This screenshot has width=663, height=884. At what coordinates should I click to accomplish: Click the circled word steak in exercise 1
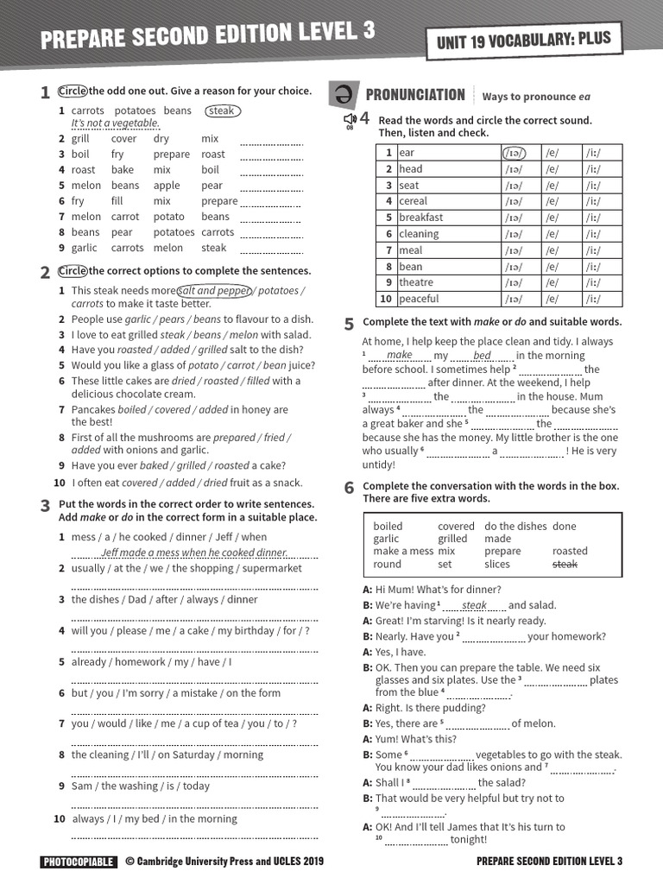point(223,110)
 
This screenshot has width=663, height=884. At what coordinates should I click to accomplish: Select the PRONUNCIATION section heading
point(415,95)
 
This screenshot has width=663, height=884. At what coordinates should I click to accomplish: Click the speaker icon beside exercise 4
point(350,120)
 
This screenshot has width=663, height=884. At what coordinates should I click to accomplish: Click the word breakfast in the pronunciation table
point(420,218)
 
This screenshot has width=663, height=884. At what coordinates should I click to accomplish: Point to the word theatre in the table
point(416,282)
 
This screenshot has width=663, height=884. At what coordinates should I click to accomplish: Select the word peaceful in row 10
point(419,299)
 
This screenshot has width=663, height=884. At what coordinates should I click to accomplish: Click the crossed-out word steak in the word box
point(565,564)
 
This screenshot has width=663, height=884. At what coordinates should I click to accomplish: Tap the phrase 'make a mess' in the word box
point(403,551)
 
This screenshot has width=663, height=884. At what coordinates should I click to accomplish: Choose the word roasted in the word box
point(570,551)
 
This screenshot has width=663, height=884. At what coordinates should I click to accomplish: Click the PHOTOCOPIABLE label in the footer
point(78,862)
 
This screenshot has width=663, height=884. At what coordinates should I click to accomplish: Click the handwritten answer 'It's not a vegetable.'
point(115,123)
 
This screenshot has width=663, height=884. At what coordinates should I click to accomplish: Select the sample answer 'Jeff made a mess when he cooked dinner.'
point(193,552)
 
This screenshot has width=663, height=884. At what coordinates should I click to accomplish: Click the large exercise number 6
point(349,488)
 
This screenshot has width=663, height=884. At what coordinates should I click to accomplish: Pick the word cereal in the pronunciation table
point(414,201)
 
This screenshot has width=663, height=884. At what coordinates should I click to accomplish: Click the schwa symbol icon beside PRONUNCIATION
point(343,95)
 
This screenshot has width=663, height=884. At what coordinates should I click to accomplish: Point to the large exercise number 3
point(45,506)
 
